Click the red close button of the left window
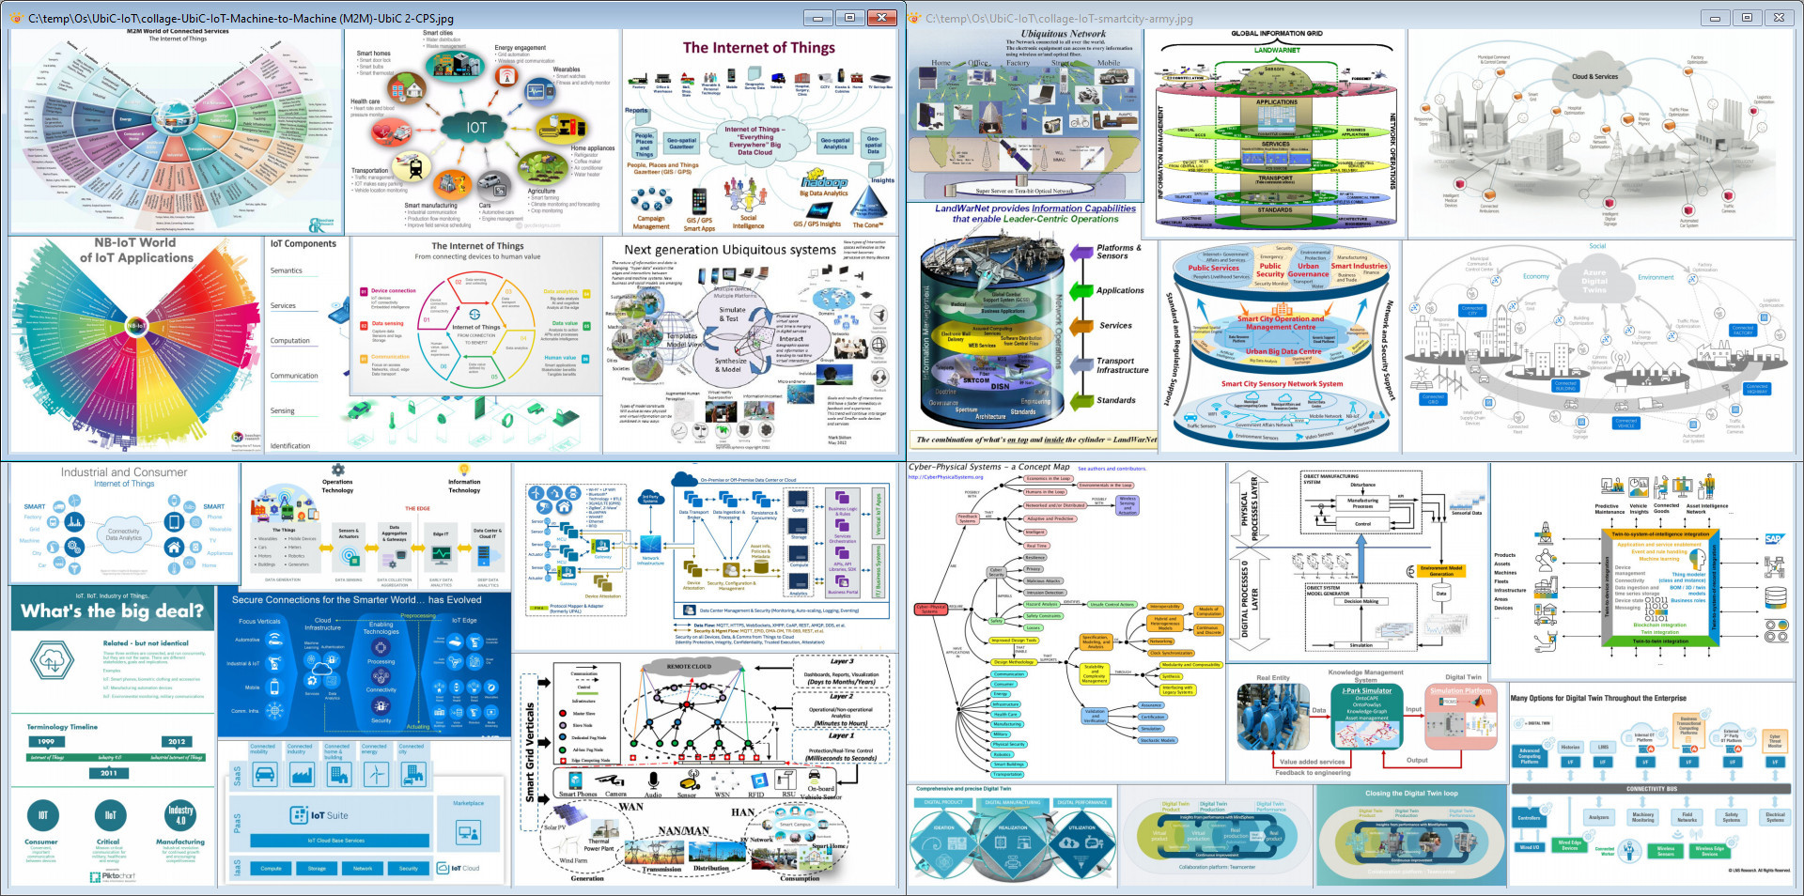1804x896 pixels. tap(882, 18)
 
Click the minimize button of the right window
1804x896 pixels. tap(1715, 18)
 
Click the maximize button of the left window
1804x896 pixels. tap(849, 18)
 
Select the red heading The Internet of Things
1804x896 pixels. tap(758, 48)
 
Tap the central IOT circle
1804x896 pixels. tap(476, 128)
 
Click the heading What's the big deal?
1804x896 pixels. tap(113, 611)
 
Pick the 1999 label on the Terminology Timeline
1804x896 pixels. tap(46, 742)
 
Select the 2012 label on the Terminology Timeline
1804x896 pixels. tap(177, 742)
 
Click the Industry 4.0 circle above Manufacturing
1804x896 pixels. tap(180, 814)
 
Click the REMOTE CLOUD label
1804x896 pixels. tap(689, 666)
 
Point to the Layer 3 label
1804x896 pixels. tap(841, 661)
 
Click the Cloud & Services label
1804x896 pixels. tap(1594, 77)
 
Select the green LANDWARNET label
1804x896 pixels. tap(1277, 51)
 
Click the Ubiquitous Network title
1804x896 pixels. tap(1064, 34)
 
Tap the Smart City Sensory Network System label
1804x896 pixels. tap(1282, 384)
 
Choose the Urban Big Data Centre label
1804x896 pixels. tap(1283, 352)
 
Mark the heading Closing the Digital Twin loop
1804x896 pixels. tap(1411, 794)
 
